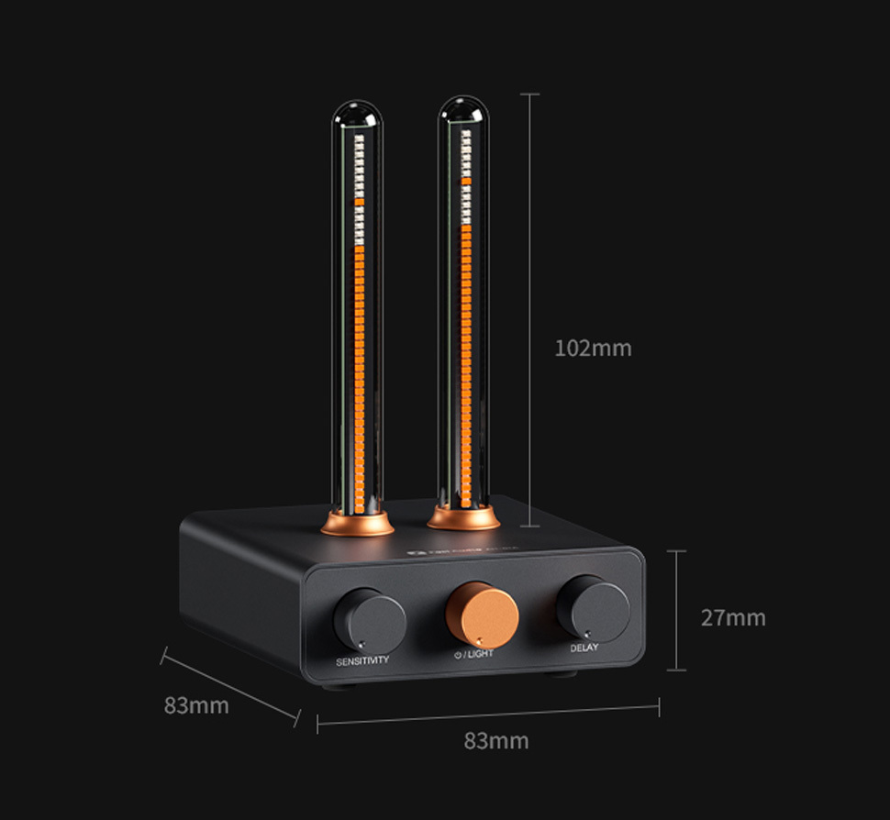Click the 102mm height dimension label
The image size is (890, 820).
593,349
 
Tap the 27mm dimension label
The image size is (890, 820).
732,618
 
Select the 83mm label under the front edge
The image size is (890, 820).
495,740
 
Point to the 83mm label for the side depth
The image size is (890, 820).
196,705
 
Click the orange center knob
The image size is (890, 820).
482,614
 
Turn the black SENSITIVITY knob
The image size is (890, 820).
369,620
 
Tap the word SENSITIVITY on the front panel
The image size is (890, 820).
362,660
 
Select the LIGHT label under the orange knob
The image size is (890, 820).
480,654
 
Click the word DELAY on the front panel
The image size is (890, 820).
584,648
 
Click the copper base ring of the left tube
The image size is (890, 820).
357,525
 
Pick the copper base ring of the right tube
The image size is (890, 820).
463,518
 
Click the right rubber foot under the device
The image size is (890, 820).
559,677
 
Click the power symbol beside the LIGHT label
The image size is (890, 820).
457,654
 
